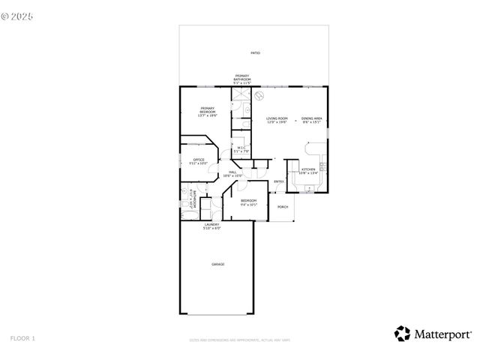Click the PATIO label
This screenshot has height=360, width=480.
[x=255, y=53]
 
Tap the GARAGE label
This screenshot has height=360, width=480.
[x=217, y=264]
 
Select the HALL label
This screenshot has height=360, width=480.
[x=233, y=173]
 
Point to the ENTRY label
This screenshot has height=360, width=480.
[x=278, y=181]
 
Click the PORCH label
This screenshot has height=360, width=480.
[x=283, y=207]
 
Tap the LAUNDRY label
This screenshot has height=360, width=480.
[x=211, y=226]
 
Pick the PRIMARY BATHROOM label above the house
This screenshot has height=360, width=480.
[x=242, y=79]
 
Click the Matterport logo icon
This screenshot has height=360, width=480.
[x=403, y=333]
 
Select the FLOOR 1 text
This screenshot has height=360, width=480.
[x=22, y=339]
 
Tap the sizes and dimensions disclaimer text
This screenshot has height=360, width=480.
[x=240, y=340]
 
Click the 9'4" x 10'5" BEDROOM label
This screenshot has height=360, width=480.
[x=248, y=202]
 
